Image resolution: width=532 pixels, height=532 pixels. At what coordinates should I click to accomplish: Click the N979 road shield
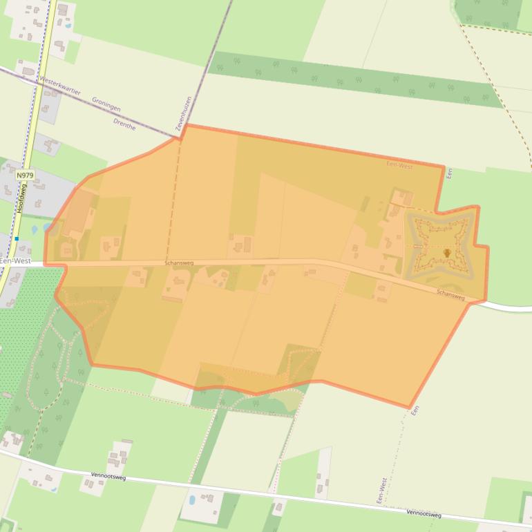tap(25, 175)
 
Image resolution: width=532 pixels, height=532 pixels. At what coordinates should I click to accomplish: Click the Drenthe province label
tap(124, 124)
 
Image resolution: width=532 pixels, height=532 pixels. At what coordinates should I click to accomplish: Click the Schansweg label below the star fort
tap(450, 294)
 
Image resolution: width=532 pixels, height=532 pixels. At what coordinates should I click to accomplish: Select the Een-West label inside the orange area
tap(399, 167)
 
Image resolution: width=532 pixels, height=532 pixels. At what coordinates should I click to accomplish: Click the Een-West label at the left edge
tap(15, 261)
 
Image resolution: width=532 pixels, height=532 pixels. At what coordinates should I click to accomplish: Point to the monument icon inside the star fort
tap(447, 254)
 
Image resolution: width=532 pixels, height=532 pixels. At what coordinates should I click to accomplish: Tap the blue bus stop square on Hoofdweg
tap(17, 238)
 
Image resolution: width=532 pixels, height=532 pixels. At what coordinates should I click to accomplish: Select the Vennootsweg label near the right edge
tap(424, 513)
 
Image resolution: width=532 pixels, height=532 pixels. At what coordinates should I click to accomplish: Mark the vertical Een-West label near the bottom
tap(381, 490)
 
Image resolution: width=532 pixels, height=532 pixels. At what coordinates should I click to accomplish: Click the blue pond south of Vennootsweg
tap(191, 500)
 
